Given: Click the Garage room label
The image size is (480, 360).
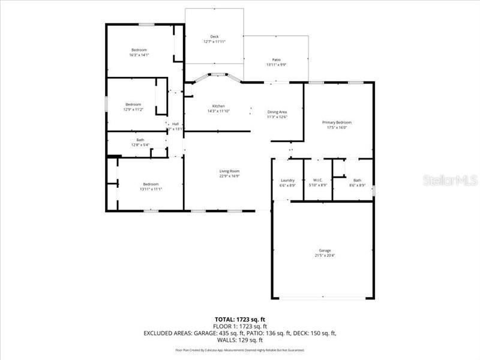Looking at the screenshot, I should click(325, 250).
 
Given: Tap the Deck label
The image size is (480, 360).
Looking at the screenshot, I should click(214, 37).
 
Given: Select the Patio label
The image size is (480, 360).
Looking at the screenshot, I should click(277, 59).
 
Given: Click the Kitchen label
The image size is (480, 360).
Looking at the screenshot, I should click(218, 106).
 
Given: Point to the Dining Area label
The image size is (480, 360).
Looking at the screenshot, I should click(277, 112).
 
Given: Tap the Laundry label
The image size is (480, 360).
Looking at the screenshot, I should click(287, 180).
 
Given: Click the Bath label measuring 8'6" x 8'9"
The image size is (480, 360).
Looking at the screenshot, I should click(357, 180).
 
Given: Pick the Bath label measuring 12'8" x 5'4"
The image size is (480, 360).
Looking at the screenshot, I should click(140, 140).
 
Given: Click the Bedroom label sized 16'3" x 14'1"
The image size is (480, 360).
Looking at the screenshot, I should click(139, 50).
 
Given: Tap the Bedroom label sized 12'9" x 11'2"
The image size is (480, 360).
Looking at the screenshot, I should click(133, 104).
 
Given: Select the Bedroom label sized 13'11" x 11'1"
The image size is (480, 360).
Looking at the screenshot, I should click(150, 184).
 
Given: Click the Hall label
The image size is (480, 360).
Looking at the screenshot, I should click(176, 124).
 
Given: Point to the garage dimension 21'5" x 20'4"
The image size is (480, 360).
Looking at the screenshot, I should click(325, 256).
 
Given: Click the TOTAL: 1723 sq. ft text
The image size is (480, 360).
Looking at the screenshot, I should click(240, 319).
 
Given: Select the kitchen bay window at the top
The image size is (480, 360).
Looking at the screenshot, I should click(217, 75).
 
